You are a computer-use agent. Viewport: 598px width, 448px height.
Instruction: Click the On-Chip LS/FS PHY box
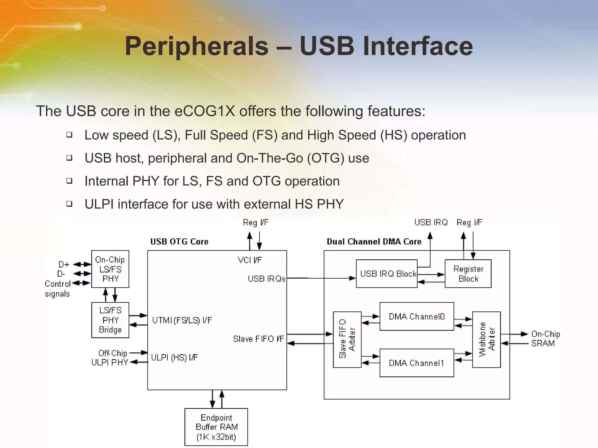pyautogui.click(x=110, y=269)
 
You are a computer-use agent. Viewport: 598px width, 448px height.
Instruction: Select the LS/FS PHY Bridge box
pyautogui.click(x=110, y=320)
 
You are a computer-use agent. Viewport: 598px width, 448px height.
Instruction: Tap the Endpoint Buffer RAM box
pyautogui.click(x=216, y=427)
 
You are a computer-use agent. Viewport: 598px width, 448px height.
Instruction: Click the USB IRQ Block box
pyautogui.click(x=387, y=274)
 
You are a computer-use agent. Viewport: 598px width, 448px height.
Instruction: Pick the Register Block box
pyautogui.click(x=468, y=274)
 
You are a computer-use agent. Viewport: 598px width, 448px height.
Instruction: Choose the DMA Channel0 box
pyautogui.click(x=417, y=316)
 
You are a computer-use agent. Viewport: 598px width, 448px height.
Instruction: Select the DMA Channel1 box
pyautogui.click(x=417, y=363)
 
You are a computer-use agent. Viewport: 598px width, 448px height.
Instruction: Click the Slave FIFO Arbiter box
pyautogui.click(x=347, y=339)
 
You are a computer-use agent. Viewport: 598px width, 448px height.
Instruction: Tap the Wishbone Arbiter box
pyautogui.click(x=486, y=339)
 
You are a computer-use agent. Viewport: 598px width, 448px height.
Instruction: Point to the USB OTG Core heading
pyautogui.click(x=179, y=242)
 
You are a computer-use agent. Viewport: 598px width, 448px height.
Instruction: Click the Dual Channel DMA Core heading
pyautogui.click(x=374, y=242)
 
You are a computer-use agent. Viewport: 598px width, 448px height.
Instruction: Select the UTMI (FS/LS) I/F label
pyautogui.click(x=182, y=320)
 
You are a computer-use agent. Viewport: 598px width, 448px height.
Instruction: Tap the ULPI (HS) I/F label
pyautogui.click(x=174, y=357)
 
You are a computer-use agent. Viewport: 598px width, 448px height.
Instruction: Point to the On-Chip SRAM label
pyautogui.click(x=545, y=339)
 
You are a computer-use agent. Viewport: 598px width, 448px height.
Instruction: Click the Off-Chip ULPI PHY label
pyautogui.click(x=110, y=358)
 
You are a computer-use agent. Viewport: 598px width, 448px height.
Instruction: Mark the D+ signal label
pyautogui.click(x=64, y=264)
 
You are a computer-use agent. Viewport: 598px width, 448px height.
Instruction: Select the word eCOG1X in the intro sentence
pyautogui.click(x=205, y=111)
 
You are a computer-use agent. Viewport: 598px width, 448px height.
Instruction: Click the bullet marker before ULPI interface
pyautogui.click(x=69, y=204)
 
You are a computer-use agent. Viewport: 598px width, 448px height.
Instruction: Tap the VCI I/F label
pyautogui.click(x=250, y=260)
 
